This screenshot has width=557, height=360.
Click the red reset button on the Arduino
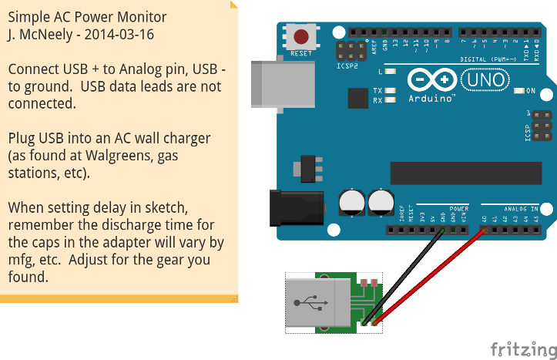301,36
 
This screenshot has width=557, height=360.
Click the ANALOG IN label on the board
522,209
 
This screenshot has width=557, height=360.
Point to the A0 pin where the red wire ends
484,230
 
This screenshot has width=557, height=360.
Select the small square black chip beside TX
357,98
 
